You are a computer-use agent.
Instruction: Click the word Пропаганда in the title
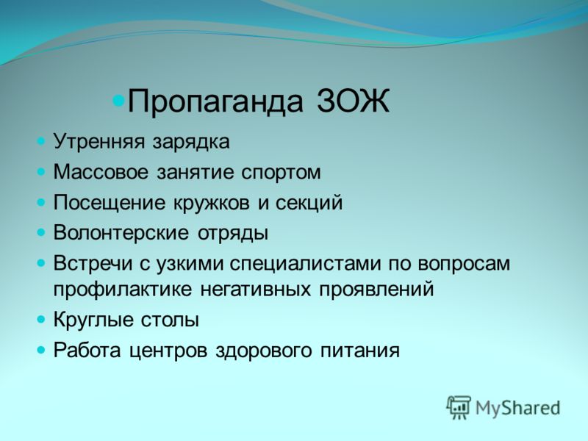pyautogui.click(x=215, y=101)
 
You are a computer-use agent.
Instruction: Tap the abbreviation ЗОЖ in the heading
pyautogui.click(x=354, y=100)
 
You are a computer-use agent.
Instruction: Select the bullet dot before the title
pyautogui.click(x=118, y=100)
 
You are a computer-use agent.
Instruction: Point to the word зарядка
pyautogui.click(x=191, y=143)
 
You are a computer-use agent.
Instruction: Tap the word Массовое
pyautogui.click(x=101, y=172)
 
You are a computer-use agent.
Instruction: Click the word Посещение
pyautogui.click(x=109, y=204)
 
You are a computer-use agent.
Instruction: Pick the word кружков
pyautogui.click(x=211, y=203)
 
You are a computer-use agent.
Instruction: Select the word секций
pyautogui.click(x=309, y=203)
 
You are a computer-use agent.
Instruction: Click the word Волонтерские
pyautogui.click(x=121, y=233)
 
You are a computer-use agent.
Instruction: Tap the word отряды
pyautogui.click(x=233, y=234)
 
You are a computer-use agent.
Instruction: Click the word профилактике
pyautogui.click(x=123, y=290)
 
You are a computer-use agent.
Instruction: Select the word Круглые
pyautogui.click(x=96, y=320)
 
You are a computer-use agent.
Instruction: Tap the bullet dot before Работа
pyautogui.click(x=41, y=351)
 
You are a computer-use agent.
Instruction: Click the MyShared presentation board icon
pyautogui.click(x=459, y=407)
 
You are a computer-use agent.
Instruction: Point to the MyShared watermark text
pyautogui.click(x=518, y=409)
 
